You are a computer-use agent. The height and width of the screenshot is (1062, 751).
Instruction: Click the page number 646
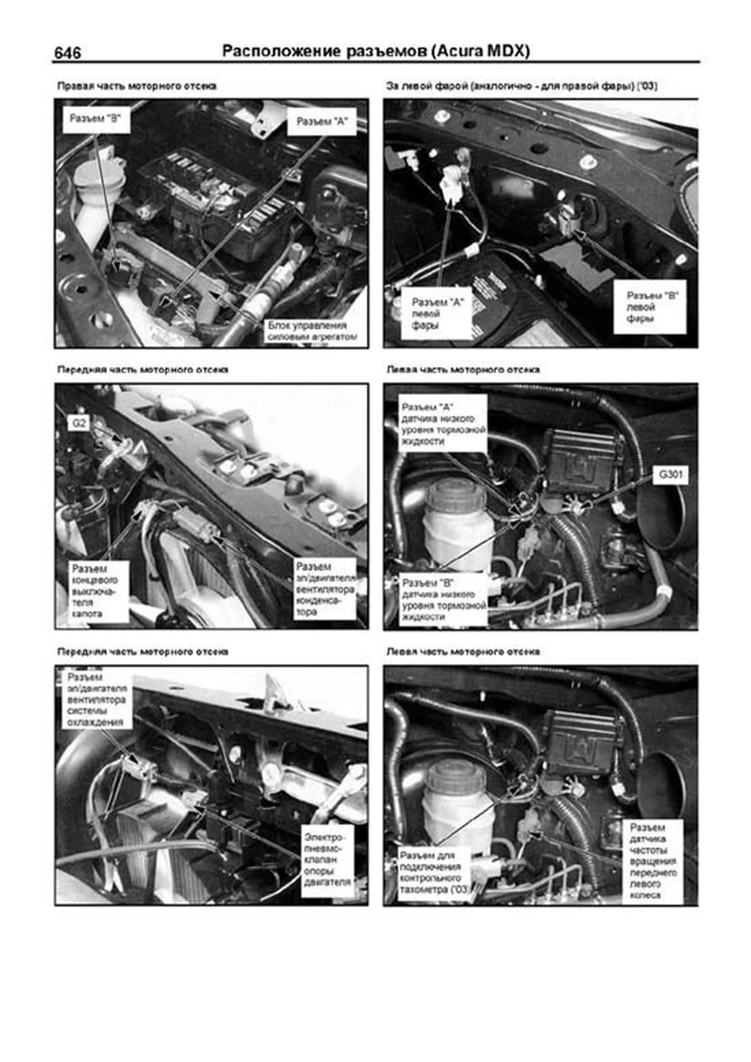[67, 53]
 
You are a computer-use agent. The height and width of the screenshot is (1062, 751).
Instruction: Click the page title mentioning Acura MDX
[375, 51]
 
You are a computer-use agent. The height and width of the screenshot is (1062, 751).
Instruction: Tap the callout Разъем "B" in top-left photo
[95, 119]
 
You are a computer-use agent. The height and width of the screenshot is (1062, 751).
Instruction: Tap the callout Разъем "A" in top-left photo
[321, 121]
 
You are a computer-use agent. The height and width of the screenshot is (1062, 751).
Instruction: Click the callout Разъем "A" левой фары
[437, 314]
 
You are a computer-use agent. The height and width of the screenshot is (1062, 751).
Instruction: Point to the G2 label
[79, 423]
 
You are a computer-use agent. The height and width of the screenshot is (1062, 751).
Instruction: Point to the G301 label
[670, 474]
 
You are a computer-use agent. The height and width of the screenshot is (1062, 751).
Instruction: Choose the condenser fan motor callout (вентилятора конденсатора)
[325, 589]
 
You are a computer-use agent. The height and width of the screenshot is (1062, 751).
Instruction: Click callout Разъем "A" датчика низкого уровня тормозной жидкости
[442, 424]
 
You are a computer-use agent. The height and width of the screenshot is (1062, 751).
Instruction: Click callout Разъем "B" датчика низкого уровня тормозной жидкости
[442, 600]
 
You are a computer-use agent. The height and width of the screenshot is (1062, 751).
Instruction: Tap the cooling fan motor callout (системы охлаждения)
[96, 700]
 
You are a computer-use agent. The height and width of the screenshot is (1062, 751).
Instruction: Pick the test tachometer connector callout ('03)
[434, 872]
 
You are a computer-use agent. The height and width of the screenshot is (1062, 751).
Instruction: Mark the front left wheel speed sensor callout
[652, 861]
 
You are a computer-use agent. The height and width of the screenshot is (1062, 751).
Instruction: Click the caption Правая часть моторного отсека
[137, 86]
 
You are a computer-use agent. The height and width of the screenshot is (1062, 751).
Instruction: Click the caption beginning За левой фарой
[521, 86]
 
